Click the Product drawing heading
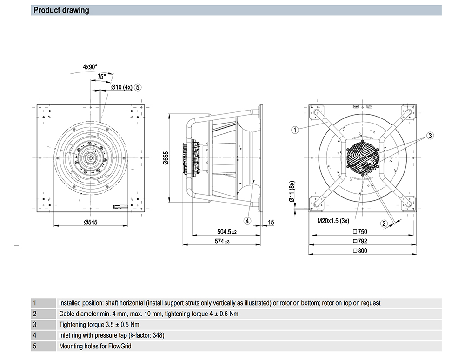point(61,10)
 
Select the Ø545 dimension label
point(91,223)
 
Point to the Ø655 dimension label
point(165,159)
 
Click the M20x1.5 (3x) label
point(333,221)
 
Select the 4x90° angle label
point(90,67)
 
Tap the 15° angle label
point(101,76)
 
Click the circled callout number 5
point(138,87)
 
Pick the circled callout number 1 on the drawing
point(295,130)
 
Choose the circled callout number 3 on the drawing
point(430,136)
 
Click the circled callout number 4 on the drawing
point(248,221)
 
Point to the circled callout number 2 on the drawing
point(384,223)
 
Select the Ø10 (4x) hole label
point(122,87)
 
